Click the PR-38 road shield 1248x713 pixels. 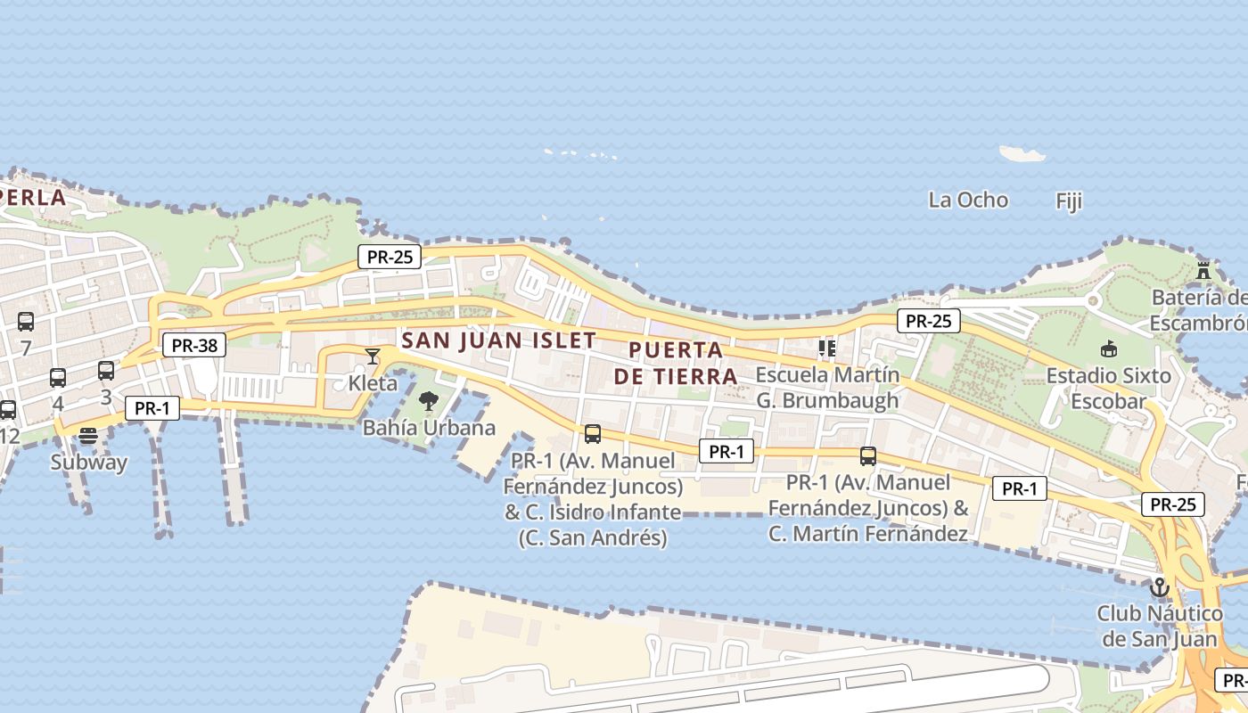pos(193,345)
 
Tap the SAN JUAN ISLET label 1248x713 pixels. pos(498,340)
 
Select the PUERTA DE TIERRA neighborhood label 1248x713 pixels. pos(676,363)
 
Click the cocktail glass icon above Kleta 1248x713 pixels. pos(373,356)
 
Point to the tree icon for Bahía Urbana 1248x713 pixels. pos(428,401)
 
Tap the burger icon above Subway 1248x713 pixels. pos(87,436)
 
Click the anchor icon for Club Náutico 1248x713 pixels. pos(1159,587)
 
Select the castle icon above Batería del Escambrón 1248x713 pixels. pos(1203,270)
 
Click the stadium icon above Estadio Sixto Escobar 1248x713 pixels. pos(1109,348)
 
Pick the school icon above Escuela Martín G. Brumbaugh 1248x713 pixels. pos(826,348)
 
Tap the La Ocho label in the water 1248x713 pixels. pos(968,200)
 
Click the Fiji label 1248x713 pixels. pos(1069,201)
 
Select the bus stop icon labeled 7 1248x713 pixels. pos(26,322)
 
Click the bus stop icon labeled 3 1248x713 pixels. pos(106,371)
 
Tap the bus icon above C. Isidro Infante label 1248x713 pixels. pos(592,434)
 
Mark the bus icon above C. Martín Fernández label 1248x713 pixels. pos(867,456)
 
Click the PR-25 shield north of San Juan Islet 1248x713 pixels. pos(390,257)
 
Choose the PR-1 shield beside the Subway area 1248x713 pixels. pos(152,408)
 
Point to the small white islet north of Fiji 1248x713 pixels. pos(1022,154)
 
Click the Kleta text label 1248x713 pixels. pos(372,384)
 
